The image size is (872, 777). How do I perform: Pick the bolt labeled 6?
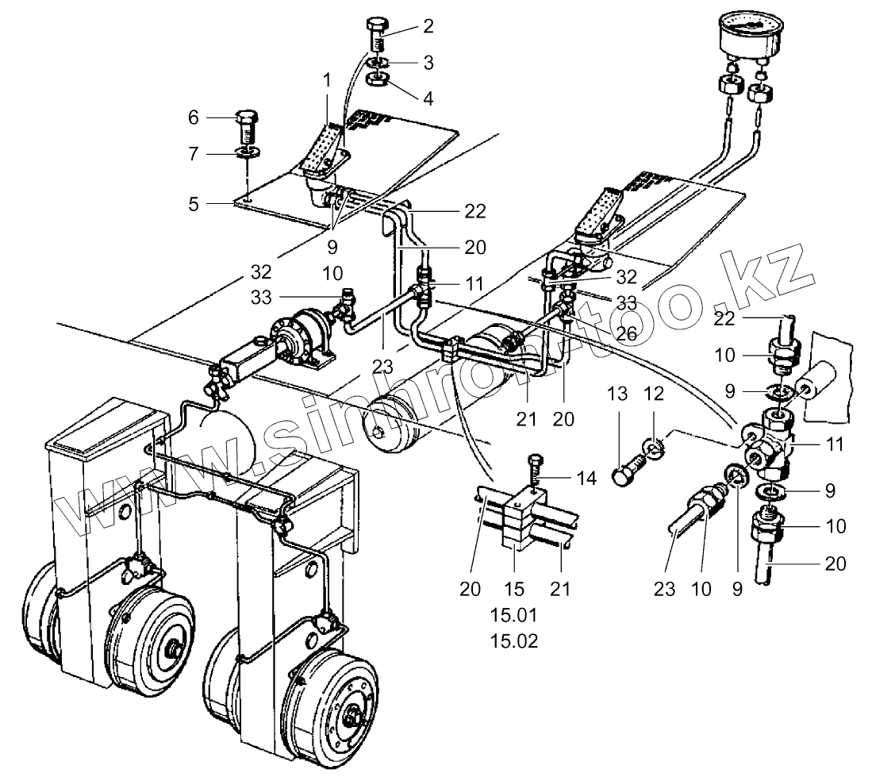pos(247,125)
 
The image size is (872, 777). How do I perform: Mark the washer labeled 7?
pos(248,151)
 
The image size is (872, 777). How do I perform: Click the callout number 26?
pos(626,333)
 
